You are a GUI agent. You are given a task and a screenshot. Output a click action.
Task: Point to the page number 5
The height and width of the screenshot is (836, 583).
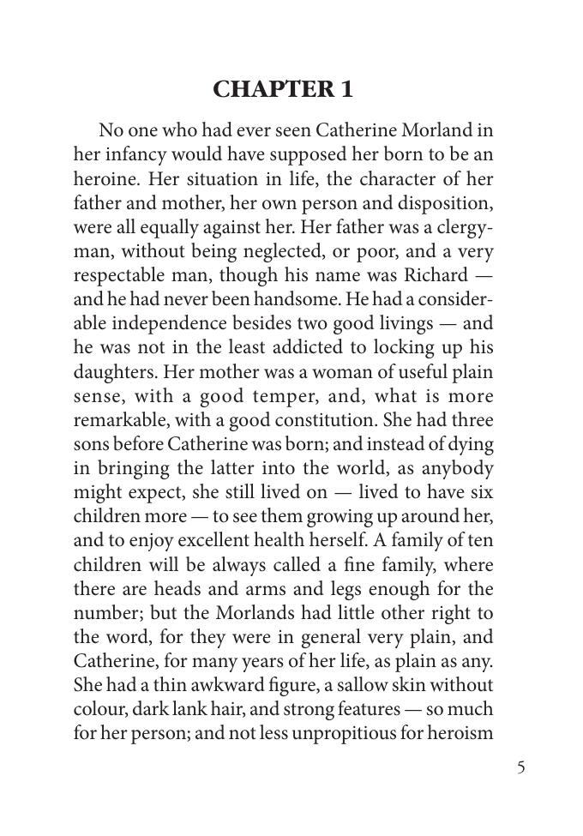pyautogui.click(x=520, y=767)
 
